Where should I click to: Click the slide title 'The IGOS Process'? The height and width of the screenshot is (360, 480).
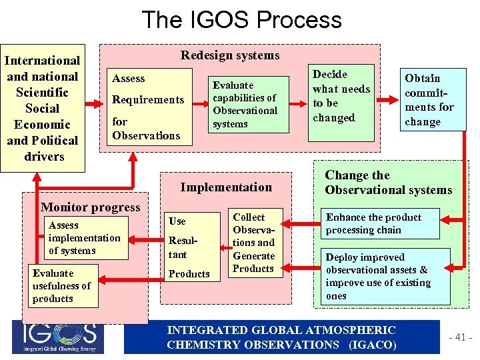(241, 19)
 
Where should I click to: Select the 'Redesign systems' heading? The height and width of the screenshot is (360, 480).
(230, 55)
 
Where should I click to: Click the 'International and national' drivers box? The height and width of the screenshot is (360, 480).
(43, 109)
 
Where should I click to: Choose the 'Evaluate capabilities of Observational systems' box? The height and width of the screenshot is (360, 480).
(245, 105)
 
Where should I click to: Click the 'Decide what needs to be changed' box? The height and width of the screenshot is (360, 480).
(341, 96)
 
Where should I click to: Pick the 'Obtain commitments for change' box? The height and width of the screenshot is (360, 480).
(431, 100)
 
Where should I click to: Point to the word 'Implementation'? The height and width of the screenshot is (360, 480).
(226, 187)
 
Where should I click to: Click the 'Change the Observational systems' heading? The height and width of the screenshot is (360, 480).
(388, 183)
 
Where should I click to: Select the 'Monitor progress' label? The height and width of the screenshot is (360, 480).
(91, 207)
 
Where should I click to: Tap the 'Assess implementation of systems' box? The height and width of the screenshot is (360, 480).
(85, 238)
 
